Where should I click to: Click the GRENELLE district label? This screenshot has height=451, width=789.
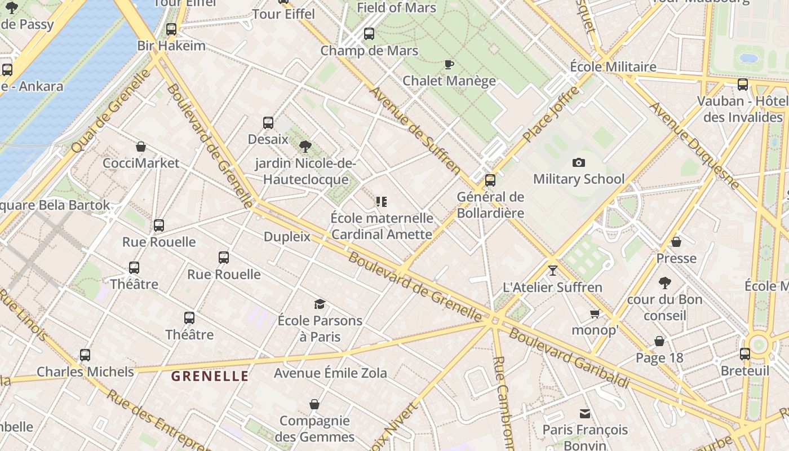[x=210, y=376]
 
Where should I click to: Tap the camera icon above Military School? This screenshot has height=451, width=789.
[x=578, y=163]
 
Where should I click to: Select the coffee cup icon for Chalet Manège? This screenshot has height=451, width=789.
[x=449, y=64]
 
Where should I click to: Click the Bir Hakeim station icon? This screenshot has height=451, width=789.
[x=171, y=29]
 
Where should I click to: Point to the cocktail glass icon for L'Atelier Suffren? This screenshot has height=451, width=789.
[x=552, y=271]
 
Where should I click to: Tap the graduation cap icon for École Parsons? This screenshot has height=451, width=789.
[x=320, y=304]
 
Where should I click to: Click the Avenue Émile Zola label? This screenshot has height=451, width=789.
[x=330, y=373]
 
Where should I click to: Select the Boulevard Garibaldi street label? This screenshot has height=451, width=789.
[x=569, y=358]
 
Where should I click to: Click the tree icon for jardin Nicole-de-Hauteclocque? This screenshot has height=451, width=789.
[x=305, y=147]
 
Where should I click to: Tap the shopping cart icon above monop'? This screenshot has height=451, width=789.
[x=595, y=313]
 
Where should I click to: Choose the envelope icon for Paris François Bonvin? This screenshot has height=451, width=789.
[x=585, y=414]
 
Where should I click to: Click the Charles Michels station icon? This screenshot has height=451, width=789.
[x=85, y=355]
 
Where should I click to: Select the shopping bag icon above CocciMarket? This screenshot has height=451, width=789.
[x=141, y=147]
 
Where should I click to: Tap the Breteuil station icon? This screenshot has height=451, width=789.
[x=745, y=354]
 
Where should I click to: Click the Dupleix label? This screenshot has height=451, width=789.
[x=287, y=237]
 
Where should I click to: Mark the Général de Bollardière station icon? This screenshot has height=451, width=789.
[x=490, y=180]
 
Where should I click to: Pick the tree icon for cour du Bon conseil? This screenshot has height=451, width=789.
[x=665, y=282]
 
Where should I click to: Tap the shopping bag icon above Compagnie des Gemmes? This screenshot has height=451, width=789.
[x=314, y=404]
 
